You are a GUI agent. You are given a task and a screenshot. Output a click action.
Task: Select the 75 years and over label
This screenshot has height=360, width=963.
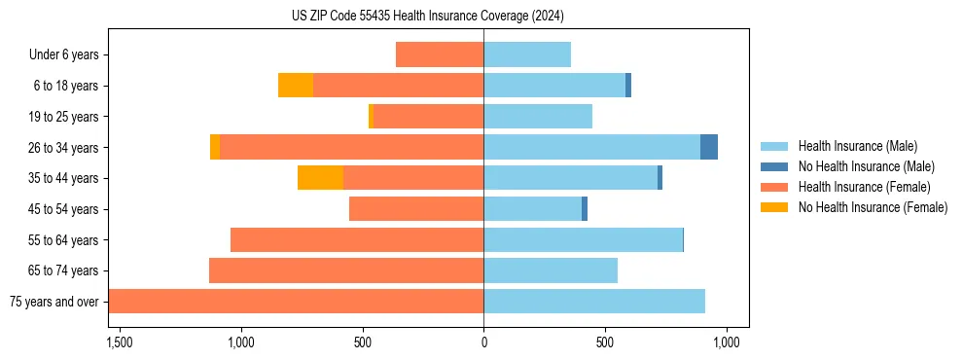(53, 302)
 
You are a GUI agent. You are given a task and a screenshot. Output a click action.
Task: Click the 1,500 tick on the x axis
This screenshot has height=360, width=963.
(120, 342)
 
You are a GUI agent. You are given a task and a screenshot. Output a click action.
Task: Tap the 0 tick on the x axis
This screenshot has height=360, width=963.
(483, 342)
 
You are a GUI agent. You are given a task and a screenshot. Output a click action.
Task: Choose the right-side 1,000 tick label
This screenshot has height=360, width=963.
(727, 342)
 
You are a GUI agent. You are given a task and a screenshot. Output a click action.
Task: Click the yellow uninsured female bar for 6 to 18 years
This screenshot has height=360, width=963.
(296, 86)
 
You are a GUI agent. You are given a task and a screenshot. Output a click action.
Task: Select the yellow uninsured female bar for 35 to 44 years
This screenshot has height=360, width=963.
(320, 178)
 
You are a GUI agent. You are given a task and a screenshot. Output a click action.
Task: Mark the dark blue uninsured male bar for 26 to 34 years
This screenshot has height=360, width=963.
(709, 147)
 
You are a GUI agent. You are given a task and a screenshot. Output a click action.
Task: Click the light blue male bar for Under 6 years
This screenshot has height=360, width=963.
(527, 54)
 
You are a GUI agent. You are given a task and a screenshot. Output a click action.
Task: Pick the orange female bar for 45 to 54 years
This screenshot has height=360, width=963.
(416, 209)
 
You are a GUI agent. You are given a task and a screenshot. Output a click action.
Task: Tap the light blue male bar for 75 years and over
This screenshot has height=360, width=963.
(594, 302)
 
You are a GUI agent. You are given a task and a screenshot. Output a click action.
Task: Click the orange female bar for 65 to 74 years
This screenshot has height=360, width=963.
(346, 270)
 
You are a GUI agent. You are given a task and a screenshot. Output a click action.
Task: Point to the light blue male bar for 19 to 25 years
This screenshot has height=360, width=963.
(538, 117)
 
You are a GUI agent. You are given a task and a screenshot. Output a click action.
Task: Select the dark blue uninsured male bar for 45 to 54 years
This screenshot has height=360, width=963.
(585, 209)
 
